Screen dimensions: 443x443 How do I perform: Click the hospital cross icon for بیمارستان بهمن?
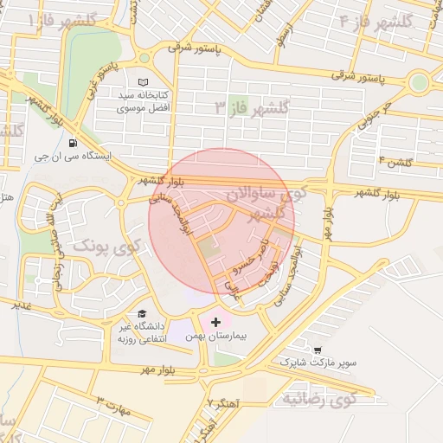coord(215,322)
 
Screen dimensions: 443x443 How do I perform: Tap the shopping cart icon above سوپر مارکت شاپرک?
coord(317,350)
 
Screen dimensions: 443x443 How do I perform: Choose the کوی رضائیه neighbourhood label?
coord(319,399)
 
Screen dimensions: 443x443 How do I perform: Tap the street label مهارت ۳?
coord(112,408)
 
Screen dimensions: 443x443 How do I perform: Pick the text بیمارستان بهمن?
coord(215,336)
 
